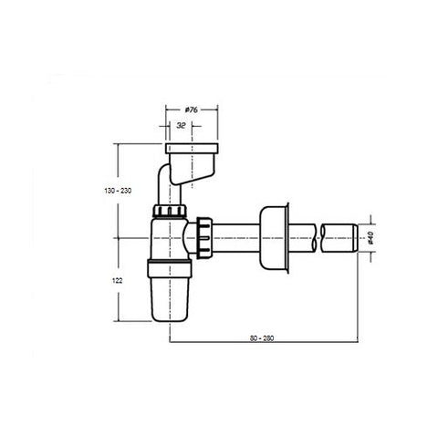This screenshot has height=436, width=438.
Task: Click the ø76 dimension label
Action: coord(192,109)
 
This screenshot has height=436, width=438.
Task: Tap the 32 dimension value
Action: coord(181,125)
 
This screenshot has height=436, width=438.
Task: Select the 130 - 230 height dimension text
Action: coord(118,191)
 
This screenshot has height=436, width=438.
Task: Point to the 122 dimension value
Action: coord(117,281)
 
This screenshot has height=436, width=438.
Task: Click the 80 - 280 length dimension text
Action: coord(262,338)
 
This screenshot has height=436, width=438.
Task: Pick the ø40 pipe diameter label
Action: coord(370,237)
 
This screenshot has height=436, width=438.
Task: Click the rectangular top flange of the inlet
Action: coord(192,149)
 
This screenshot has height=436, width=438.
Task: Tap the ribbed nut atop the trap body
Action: coord(170,211)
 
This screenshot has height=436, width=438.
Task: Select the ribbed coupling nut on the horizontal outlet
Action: coord(204,238)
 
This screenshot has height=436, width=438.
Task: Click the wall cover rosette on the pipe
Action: coord(274,238)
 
